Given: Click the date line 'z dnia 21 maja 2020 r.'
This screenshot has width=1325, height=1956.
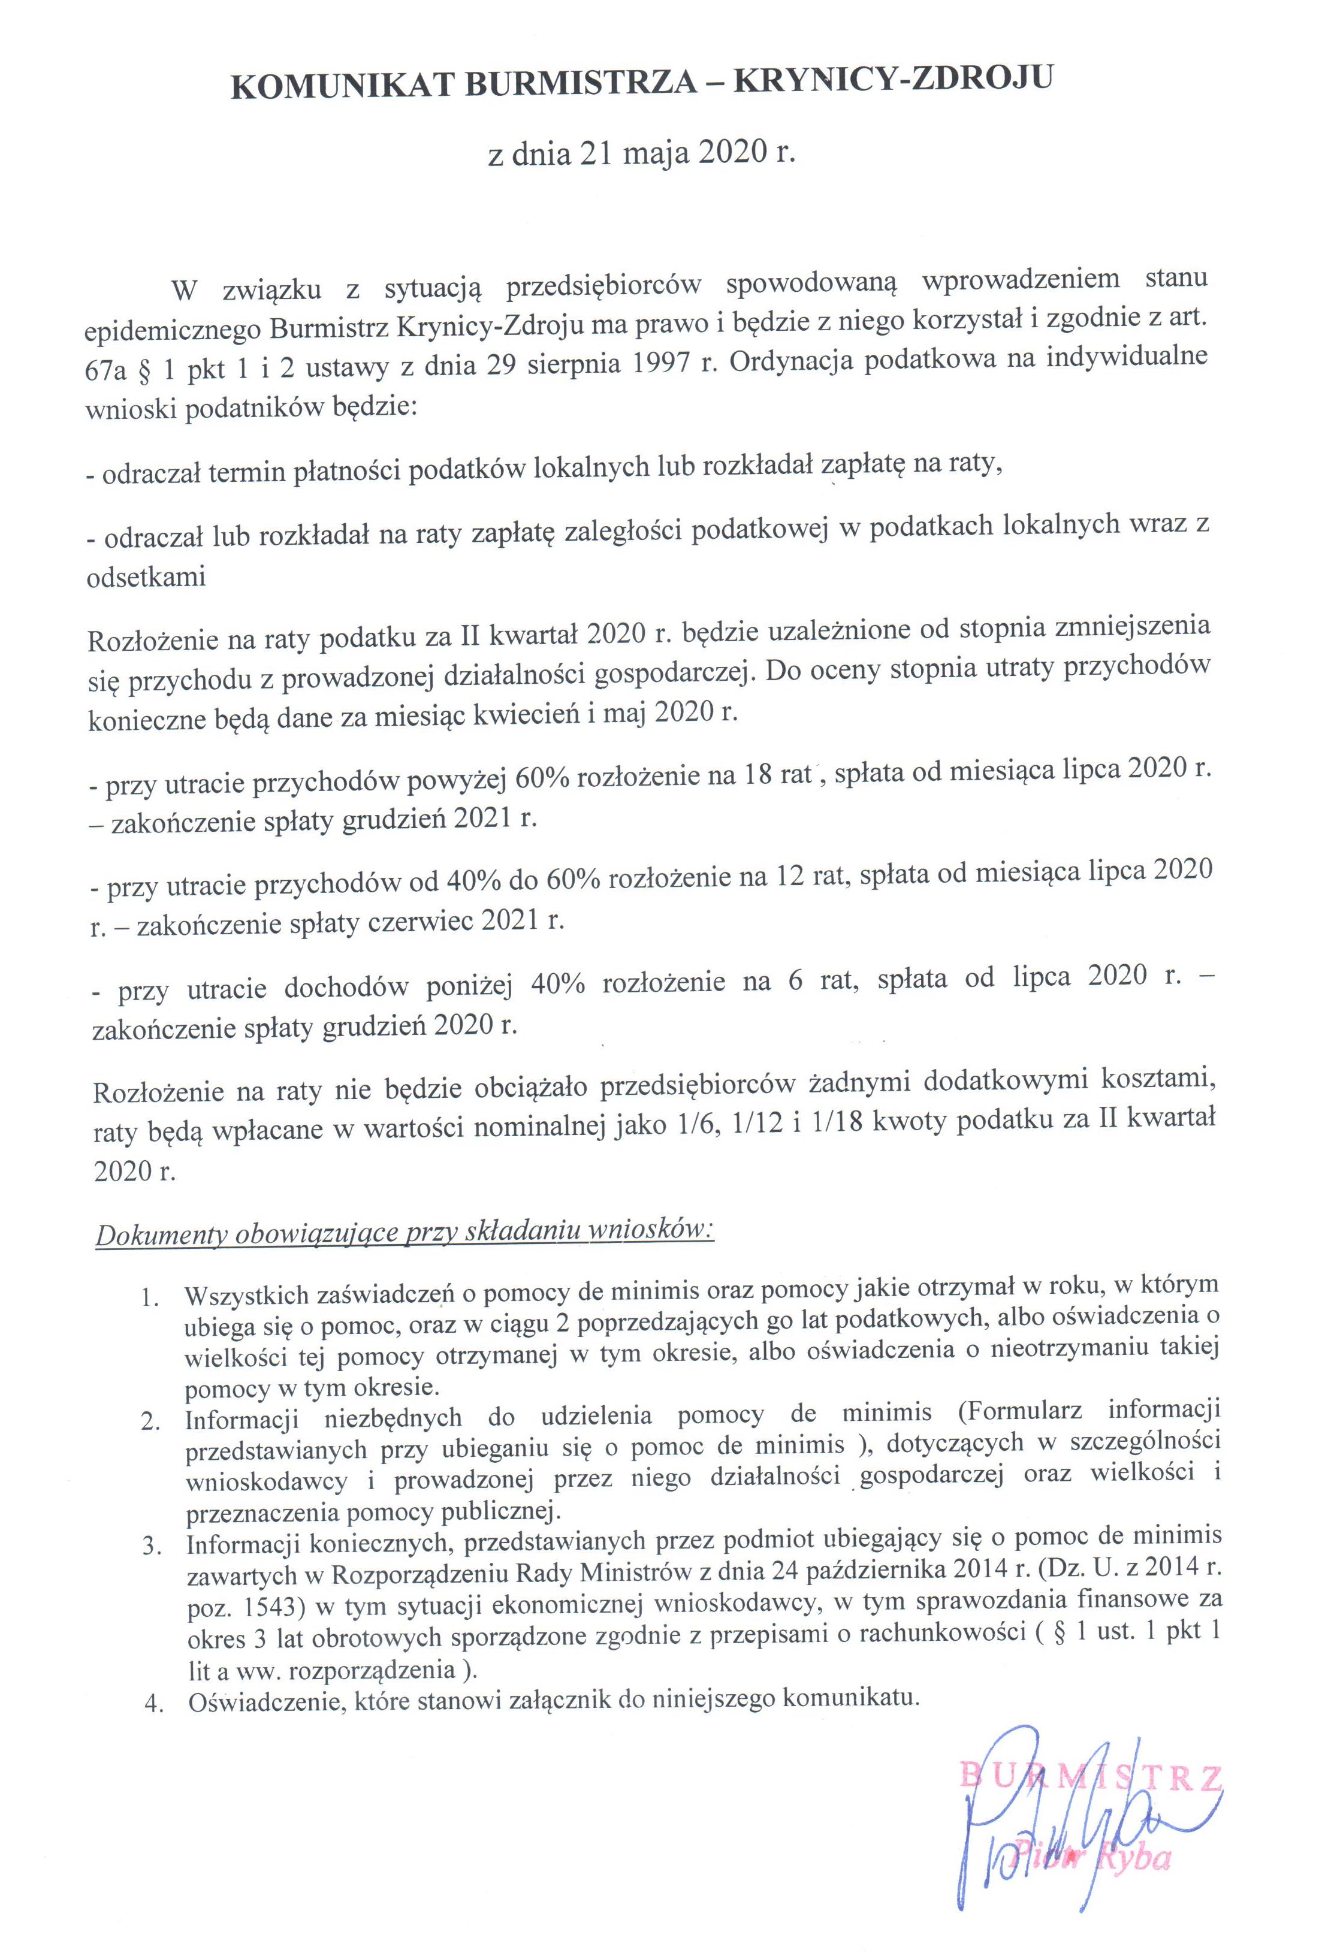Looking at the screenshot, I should tap(641, 153).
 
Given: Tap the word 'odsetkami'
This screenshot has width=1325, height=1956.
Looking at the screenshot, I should tap(146, 577).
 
